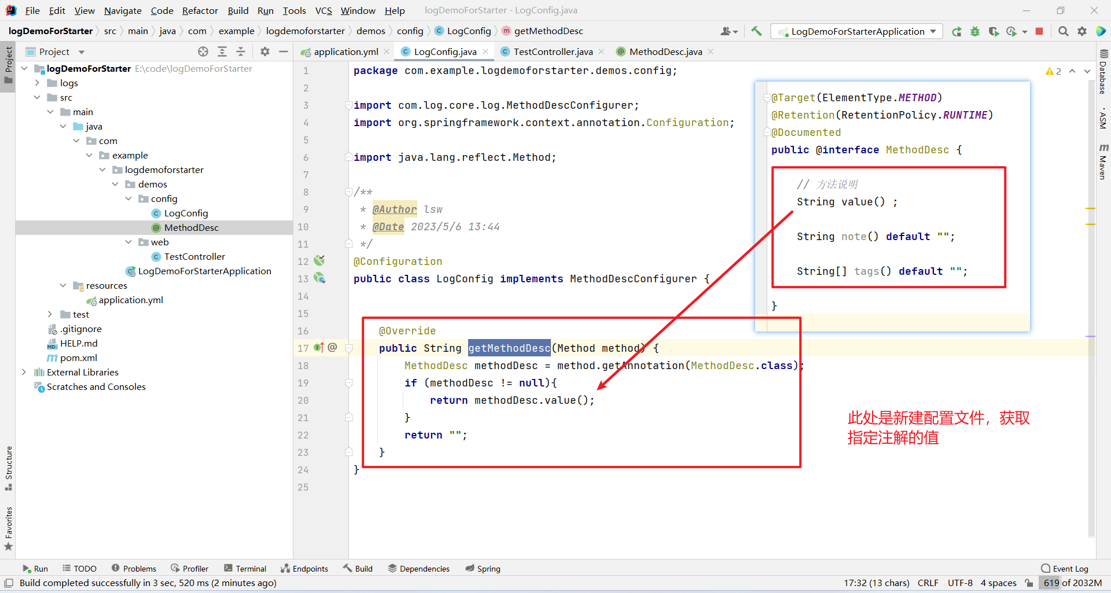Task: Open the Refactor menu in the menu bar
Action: (x=200, y=10)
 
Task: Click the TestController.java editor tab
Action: (x=553, y=51)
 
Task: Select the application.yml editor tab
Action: (x=345, y=51)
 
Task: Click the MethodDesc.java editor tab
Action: (x=665, y=51)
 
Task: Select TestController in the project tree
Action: (x=194, y=256)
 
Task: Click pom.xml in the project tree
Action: (x=78, y=358)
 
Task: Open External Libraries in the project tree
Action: (x=82, y=372)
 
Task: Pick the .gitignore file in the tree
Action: (x=80, y=329)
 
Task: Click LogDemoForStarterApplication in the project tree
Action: (x=204, y=271)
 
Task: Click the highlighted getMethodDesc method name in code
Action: (x=509, y=348)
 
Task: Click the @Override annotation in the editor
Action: (x=407, y=330)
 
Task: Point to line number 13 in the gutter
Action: (x=303, y=279)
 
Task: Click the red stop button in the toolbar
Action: (x=1039, y=31)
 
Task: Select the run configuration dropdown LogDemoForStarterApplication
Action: (x=857, y=31)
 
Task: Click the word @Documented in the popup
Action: (x=806, y=132)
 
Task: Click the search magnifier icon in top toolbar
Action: (x=1063, y=31)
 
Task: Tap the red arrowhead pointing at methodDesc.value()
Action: (x=602, y=385)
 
